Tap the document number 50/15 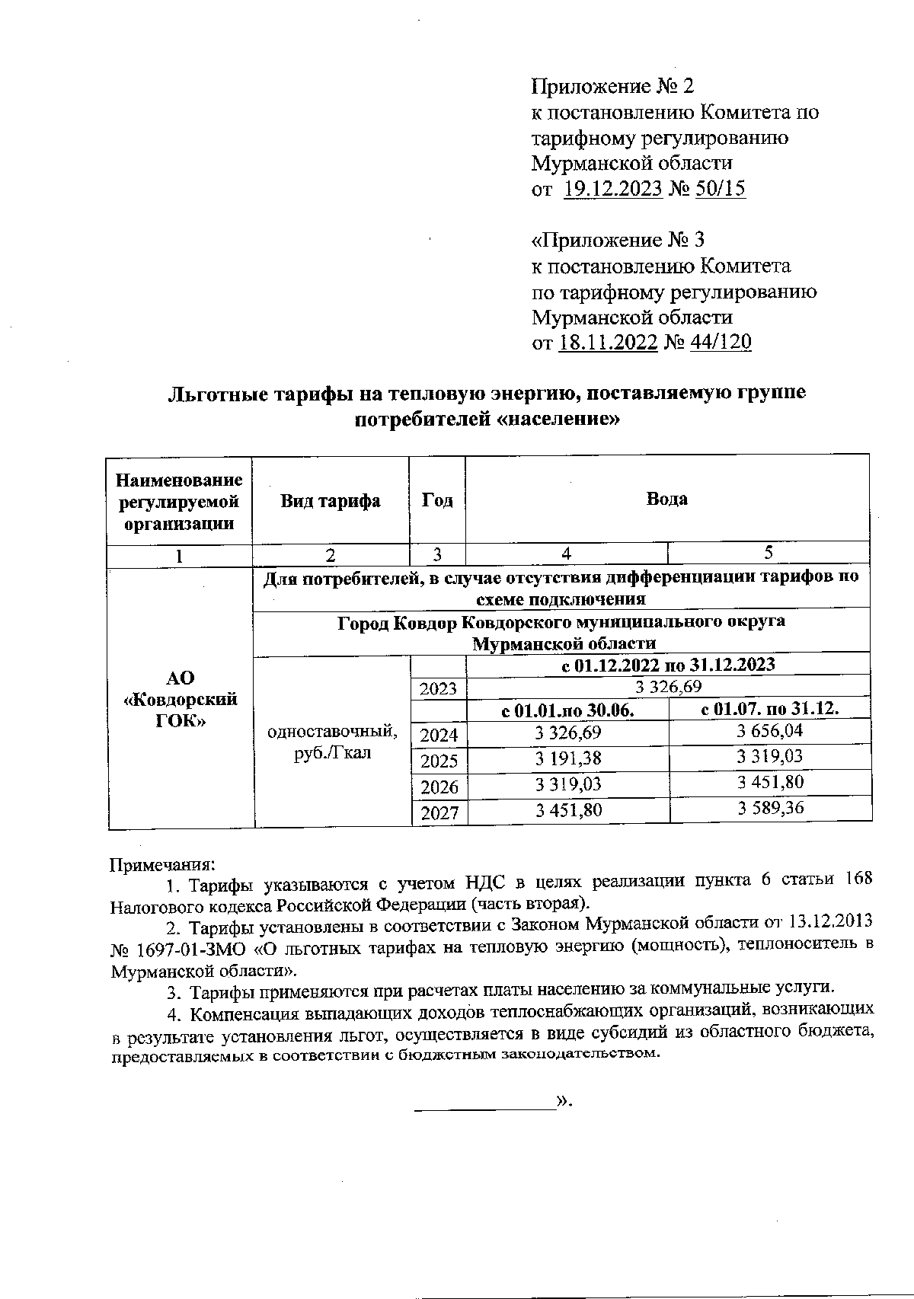pos(720,190)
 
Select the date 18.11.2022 pos(608,343)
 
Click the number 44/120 pos(720,343)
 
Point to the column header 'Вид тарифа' pos(331,501)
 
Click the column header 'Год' pos(437,500)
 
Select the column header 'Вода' pos(666,499)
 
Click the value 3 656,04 pos(770,731)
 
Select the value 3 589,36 pos(770,808)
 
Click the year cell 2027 pos(439,812)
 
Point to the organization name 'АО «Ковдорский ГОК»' pos(181,699)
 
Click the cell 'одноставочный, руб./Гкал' pos(332,742)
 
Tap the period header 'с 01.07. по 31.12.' pos(769,709)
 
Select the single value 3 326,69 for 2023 pos(667,686)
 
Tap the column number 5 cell pos(769,554)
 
